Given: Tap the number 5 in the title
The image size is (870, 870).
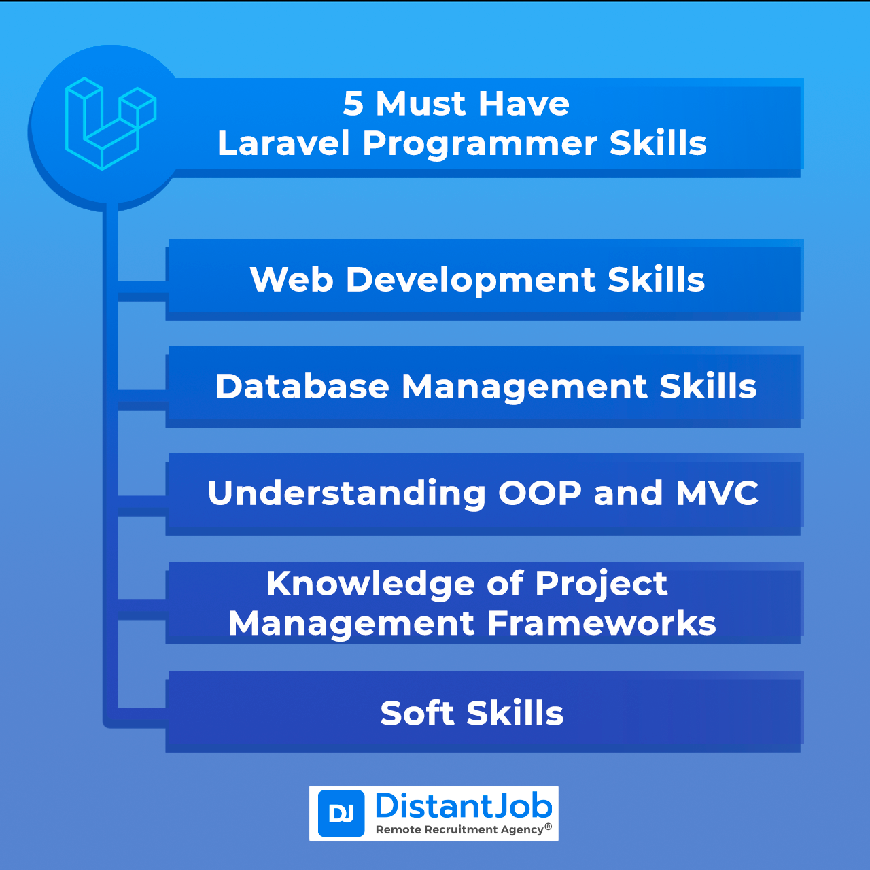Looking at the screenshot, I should (x=353, y=104).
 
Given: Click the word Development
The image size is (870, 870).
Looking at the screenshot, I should (x=470, y=280).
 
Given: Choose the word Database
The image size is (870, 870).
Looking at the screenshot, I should (x=302, y=387).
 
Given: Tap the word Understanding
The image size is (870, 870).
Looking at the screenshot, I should (x=347, y=493).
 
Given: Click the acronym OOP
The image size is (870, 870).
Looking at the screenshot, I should (x=540, y=493).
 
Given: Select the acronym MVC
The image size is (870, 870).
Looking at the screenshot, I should (x=717, y=493).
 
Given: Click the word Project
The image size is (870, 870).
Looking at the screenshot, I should (x=601, y=585).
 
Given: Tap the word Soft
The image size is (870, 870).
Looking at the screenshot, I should (x=417, y=714).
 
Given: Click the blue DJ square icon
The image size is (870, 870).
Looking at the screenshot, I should (x=341, y=814).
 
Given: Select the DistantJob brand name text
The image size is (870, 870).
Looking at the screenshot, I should (x=464, y=806).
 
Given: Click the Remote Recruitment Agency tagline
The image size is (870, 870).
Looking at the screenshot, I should (x=459, y=829).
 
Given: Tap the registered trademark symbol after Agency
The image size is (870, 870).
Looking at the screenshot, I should (x=549, y=827).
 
